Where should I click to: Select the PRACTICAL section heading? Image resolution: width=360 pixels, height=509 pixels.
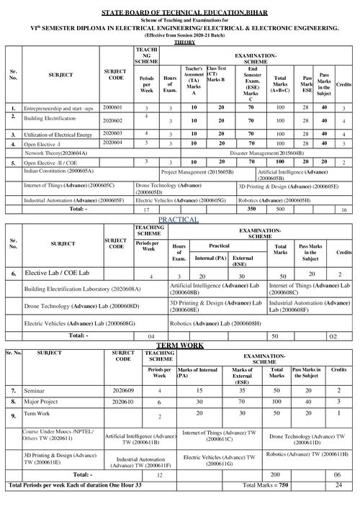pyautogui.click(x=179, y=218)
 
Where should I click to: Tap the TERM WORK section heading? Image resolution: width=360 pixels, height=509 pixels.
pyautogui.click(x=179, y=346)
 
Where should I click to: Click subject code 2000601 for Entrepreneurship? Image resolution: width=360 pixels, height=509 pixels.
pyautogui.click(x=113, y=107)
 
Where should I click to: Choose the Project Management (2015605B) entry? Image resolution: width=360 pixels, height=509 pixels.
pyautogui.click(x=197, y=173)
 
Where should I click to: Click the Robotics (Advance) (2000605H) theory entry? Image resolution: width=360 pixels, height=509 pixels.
pyautogui.click(x=274, y=199)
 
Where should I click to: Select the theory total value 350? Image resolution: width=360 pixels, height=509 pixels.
pyautogui.click(x=251, y=209)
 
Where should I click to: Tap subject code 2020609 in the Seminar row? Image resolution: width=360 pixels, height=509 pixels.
pyautogui.click(x=124, y=389)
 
